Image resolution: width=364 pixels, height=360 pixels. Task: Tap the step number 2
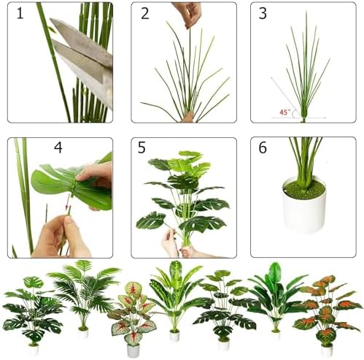tap(144, 14)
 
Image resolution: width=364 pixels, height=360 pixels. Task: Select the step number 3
tap(263, 14)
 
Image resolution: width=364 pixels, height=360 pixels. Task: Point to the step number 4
tap(57, 148)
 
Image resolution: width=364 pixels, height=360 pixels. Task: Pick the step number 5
tap(142, 148)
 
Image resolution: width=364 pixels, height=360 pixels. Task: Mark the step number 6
tap(262, 148)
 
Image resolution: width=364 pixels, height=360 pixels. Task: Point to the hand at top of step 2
tap(187, 12)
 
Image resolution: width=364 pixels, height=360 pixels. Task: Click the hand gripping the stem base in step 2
tap(188, 116)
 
